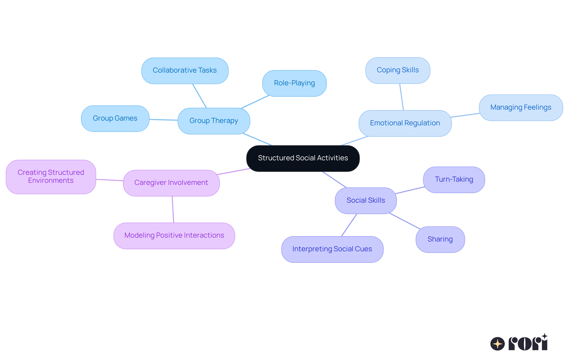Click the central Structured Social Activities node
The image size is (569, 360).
303,158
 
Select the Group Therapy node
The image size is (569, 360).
214,121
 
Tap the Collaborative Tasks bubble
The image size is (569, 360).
185,71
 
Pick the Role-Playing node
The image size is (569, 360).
294,83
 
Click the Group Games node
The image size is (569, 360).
115,119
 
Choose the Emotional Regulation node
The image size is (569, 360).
405,123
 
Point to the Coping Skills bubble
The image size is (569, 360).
397,70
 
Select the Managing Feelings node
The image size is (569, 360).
521,108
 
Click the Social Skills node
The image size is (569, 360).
366,201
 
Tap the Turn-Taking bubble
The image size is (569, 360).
454,180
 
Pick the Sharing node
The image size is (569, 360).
440,239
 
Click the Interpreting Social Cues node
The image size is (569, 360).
332,249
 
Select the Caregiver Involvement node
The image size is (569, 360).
171,183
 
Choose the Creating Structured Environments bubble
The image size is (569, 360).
51,177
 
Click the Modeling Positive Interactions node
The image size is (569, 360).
174,236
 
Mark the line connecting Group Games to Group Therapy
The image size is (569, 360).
163,120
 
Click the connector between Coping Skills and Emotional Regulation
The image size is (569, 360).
402,97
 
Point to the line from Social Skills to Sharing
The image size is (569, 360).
405,221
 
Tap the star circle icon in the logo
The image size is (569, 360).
497,344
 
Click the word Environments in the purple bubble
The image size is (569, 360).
51,181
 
